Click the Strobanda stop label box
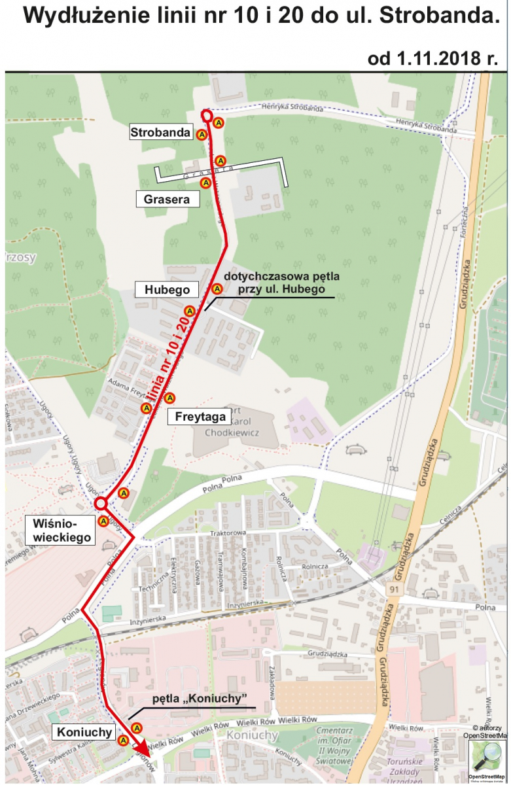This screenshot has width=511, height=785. tap(161, 133)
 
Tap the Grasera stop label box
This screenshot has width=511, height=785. tap(167, 199)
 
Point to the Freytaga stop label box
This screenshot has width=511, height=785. tap(200, 416)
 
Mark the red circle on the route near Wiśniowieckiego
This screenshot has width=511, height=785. tap(101, 503)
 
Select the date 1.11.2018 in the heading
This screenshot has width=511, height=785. tap(432, 58)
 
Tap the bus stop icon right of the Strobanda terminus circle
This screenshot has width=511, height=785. tap(219, 122)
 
